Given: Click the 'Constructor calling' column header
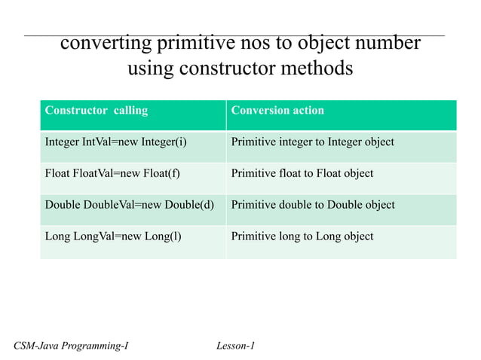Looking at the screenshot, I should (97, 111).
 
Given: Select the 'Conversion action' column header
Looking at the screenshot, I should (277, 111).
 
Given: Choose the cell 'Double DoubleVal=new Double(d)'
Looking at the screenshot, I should (130, 205).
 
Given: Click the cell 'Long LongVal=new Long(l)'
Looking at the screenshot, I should (113, 236).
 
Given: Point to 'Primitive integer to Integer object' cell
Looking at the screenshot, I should (312, 142).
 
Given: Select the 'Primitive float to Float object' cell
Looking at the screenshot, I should (302, 173).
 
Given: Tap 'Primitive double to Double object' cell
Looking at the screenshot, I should (312, 205).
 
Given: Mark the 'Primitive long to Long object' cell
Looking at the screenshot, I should (302, 236).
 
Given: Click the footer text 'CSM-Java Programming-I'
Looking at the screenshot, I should (71, 346).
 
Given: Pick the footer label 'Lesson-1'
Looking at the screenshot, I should (235, 346).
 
